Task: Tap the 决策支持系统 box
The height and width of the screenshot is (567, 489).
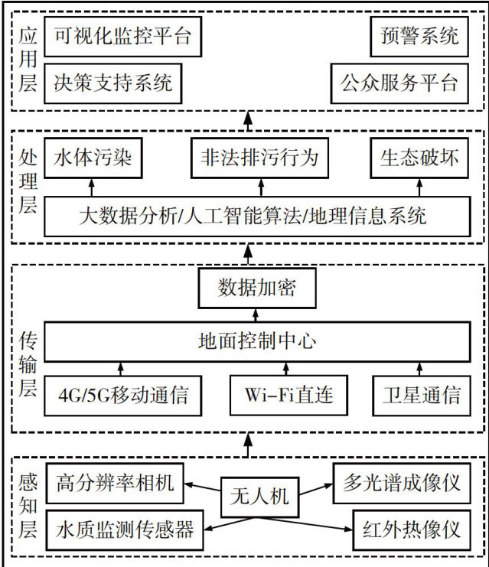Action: [112, 83]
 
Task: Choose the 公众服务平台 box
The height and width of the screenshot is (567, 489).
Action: [399, 83]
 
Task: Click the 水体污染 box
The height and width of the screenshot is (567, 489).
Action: [93, 158]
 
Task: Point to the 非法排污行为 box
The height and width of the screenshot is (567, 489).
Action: [259, 158]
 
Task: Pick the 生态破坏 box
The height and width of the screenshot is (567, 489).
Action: [419, 158]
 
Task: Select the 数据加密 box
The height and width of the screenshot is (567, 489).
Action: [256, 288]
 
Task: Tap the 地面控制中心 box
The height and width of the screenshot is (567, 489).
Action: [256, 341]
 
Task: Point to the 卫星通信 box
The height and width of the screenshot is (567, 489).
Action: [422, 396]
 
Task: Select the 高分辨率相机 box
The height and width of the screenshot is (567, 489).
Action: [116, 484]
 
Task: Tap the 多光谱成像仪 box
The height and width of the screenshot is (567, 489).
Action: [401, 484]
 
